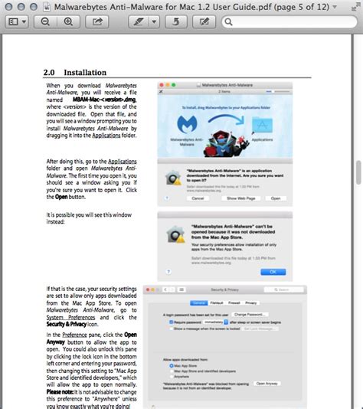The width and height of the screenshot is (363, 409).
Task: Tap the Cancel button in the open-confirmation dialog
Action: [x=198, y=198]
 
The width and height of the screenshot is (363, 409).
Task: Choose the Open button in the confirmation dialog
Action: [x=276, y=198]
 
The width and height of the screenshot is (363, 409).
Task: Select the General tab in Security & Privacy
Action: [x=198, y=303]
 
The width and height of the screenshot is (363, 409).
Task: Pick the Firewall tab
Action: [x=235, y=303]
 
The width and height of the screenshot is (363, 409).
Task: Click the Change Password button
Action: [x=250, y=314]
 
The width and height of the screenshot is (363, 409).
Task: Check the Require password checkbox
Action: [x=171, y=323]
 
